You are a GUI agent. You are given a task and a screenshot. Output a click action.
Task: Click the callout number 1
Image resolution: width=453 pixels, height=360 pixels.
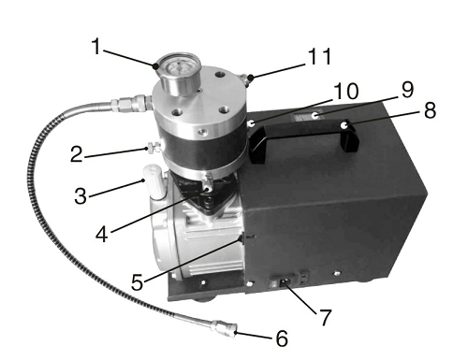(x=97, y=47)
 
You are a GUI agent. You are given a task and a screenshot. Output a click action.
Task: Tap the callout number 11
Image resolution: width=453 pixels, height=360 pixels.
(x=319, y=56)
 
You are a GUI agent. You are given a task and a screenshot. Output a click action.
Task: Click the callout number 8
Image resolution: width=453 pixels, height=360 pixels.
(x=430, y=110)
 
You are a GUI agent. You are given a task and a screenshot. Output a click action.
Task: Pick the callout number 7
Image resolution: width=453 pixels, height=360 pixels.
(x=325, y=317)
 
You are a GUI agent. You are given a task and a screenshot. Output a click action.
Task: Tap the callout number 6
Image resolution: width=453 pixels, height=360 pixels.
(x=282, y=338)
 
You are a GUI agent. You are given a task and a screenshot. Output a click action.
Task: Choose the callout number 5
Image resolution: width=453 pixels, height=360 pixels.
(x=138, y=282)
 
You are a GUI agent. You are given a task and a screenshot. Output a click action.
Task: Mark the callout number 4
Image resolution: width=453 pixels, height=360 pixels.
(x=102, y=235)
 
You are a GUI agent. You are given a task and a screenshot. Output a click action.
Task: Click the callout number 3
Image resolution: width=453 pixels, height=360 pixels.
(x=80, y=196)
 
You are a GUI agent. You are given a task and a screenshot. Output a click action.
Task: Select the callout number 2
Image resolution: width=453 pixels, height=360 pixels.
(x=77, y=154)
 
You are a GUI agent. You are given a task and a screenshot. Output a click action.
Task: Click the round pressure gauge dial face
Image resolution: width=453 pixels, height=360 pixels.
(x=178, y=67)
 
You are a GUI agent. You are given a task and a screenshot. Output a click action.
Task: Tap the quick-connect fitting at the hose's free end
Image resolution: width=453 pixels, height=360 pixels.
(x=224, y=330)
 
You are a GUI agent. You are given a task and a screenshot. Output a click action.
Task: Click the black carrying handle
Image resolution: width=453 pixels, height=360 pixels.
(x=303, y=137)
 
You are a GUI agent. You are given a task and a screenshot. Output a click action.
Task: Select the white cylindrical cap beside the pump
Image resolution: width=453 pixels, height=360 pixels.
(x=153, y=182)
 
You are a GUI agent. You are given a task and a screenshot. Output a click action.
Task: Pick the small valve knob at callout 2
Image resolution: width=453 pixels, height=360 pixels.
(x=153, y=147)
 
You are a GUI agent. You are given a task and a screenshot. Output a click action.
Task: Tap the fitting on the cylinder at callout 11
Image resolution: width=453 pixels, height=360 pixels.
(x=245, y=79)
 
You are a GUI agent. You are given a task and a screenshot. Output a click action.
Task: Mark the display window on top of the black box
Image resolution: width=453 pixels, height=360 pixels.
(x=307, y=117)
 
